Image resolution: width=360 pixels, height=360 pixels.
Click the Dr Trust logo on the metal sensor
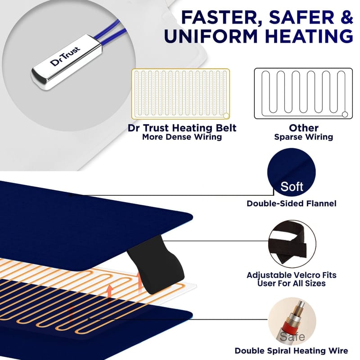[65, 56]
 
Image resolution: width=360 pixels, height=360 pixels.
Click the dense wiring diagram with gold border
[181, 94]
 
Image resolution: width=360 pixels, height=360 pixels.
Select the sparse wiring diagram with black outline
[303, 94]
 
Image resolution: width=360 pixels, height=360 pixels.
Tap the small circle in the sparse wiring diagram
[345, 114]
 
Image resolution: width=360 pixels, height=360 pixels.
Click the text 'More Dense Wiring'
[182, 137]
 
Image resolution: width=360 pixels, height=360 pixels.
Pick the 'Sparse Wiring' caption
[303, 137]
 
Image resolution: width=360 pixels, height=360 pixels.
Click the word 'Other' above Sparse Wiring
[304, 128]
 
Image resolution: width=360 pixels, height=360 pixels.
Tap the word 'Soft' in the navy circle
[292, 186]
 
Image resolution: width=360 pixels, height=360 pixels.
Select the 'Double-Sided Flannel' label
[291, 203]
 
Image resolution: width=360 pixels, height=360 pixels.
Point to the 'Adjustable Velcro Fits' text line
[292, 275]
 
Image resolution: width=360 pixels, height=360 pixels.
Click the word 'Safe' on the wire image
[292, 336]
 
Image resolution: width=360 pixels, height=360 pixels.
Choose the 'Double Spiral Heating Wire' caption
[291, 351]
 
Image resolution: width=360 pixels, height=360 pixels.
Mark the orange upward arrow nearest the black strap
[139, 282]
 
